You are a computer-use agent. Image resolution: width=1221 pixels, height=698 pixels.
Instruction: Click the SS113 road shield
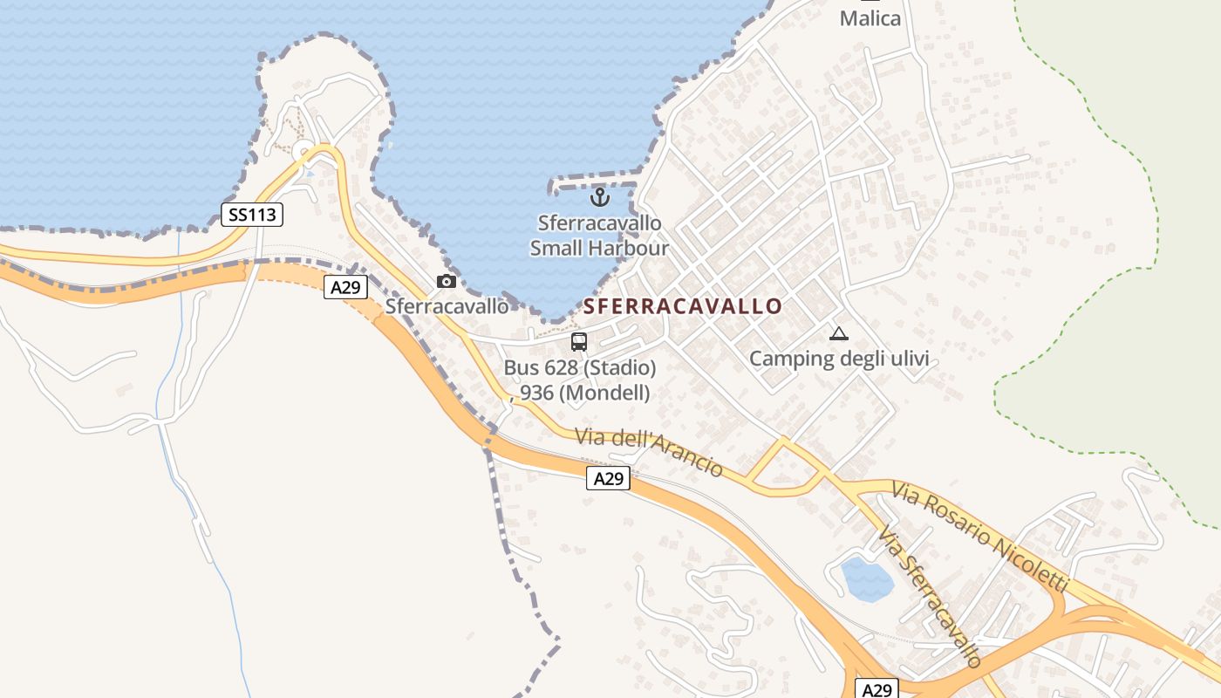pyautogui.click(x=252, y=215)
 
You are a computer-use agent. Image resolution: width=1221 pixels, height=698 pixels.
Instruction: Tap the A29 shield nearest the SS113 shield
pyautogui.click(x=345, y=287)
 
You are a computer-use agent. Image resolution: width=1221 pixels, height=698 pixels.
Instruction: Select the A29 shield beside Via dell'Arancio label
pyautogui.click(x=608, y=478)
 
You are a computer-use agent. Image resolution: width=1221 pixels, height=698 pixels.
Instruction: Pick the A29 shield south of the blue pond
pyautogui.click(x=876, y=689)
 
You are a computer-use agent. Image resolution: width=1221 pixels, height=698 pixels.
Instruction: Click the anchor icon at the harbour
pyautogui.click(x=599, y=197)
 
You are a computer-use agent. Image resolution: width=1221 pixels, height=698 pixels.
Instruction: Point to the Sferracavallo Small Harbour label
pyautogui.click(x=600, y=236)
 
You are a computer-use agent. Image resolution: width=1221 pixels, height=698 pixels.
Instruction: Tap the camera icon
pyautogui.click(x=447, y=281)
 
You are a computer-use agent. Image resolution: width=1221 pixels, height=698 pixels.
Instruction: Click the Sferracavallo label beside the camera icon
pyautogui.click(x=447, y=306)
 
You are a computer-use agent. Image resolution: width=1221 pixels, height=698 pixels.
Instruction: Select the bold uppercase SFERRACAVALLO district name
pyautogui.click(x=683, y=306)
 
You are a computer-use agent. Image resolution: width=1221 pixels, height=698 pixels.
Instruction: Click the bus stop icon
pyautogui.click(x=579, y=342)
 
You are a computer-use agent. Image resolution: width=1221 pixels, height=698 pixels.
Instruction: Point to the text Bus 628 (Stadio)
pyautogui.click(x=580, y=368)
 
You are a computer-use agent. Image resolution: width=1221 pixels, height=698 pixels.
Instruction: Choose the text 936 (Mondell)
pyautogui.click(x=585, y=393)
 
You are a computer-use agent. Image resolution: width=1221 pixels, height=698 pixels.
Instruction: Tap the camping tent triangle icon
pyautogui.click(x=838, y=333)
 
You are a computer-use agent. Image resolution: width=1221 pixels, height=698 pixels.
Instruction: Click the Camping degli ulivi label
pyautogui.click(x=838, y=359)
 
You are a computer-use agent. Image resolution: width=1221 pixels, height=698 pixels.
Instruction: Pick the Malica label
pyautogui.click(x=870, y=18)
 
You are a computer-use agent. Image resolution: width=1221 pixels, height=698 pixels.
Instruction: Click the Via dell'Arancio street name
pyautogui.click(x=649, y=452)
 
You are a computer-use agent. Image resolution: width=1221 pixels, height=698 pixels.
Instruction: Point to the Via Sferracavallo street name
pyautogui.click(x=931, y=596)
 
